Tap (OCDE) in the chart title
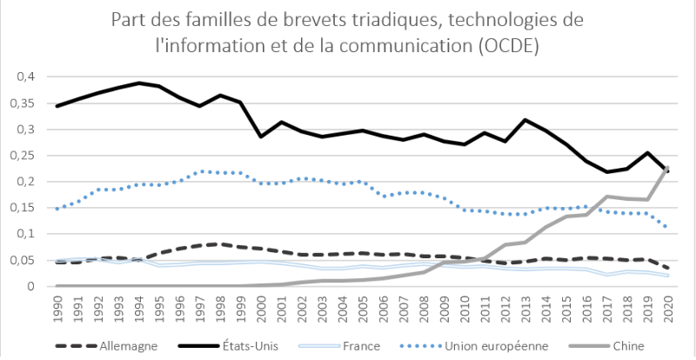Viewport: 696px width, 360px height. click(x=507, y=45)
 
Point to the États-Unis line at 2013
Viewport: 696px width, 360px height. click(x=525, y=120)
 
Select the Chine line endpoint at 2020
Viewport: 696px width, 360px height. click(x=667, y=167)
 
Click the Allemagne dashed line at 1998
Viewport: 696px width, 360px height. click(x=221, y=244)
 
